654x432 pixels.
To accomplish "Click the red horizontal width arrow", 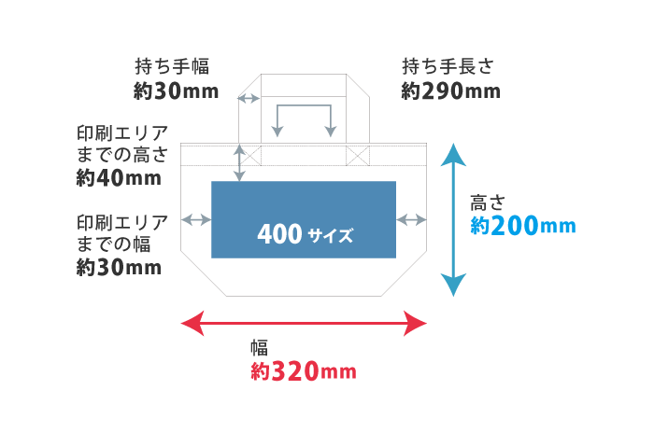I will tap(303, 324).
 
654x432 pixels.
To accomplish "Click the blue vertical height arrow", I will tap(453, 220).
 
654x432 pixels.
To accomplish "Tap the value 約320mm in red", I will tap(304, 371).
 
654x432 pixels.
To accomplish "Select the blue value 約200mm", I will tap(522, 226).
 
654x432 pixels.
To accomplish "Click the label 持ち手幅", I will tap(172, 66).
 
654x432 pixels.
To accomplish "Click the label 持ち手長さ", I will tap(447, 66).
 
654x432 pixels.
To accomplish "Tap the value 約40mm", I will tap(118, 177).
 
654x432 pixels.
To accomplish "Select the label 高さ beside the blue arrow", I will tap(487, 202).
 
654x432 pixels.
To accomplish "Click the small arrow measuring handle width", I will tap(249, 98).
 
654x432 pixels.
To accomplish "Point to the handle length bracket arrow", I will tap(304, 117).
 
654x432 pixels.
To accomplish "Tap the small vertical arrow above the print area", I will tap(240, 162).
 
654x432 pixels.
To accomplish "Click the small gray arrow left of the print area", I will tap(196, 219).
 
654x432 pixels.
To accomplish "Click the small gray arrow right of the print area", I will tap(412, 219).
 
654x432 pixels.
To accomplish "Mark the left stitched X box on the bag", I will tap(250, 155).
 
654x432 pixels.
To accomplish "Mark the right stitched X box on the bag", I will tap(359, 155).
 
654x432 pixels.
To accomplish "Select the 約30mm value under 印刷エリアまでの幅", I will tap(118, 268).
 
